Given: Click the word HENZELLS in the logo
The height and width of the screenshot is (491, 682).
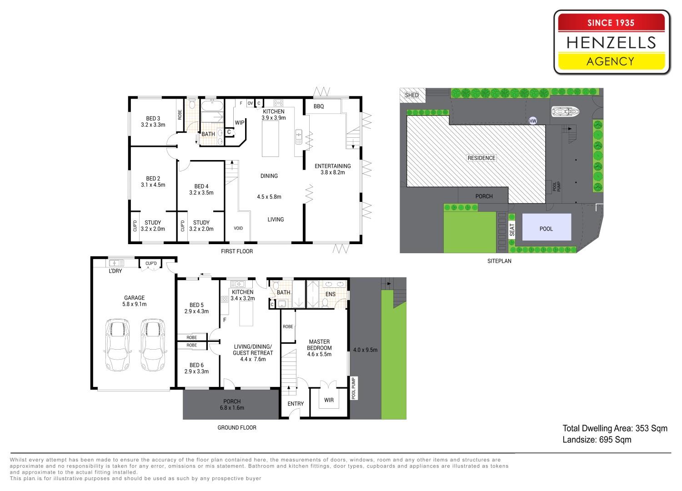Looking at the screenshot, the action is pos(611,43).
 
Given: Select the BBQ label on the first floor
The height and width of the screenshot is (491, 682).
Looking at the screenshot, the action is pos(319,106).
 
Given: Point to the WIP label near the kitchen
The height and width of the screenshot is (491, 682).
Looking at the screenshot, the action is pos(240,123).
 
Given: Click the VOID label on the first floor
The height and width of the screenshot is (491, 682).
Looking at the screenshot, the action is pos(238,228).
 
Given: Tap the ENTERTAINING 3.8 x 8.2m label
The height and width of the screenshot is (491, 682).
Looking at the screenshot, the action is pos(332,169).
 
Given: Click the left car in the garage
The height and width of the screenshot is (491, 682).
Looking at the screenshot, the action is pos(117,345).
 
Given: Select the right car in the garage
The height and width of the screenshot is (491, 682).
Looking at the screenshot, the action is pos(153,345).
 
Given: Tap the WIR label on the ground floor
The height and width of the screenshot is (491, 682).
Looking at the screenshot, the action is pos(329,400).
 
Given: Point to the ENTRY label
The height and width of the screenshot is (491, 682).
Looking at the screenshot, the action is pos(296,404).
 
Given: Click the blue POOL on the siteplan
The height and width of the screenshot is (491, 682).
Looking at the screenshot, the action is pos(547,227).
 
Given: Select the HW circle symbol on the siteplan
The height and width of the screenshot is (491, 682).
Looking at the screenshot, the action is pos(533,121).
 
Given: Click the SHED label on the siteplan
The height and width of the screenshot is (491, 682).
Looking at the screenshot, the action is pos(411,95).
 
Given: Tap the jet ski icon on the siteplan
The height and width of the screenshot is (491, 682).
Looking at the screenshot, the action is pos(565,112).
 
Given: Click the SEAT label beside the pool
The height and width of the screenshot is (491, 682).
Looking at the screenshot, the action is pos(512,230).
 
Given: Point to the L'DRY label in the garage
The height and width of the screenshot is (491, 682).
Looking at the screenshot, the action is pos(115,271).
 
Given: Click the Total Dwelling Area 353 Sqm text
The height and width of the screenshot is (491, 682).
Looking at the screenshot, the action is pos(615,428).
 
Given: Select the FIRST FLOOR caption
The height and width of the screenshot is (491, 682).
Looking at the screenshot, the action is pos(237,251).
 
